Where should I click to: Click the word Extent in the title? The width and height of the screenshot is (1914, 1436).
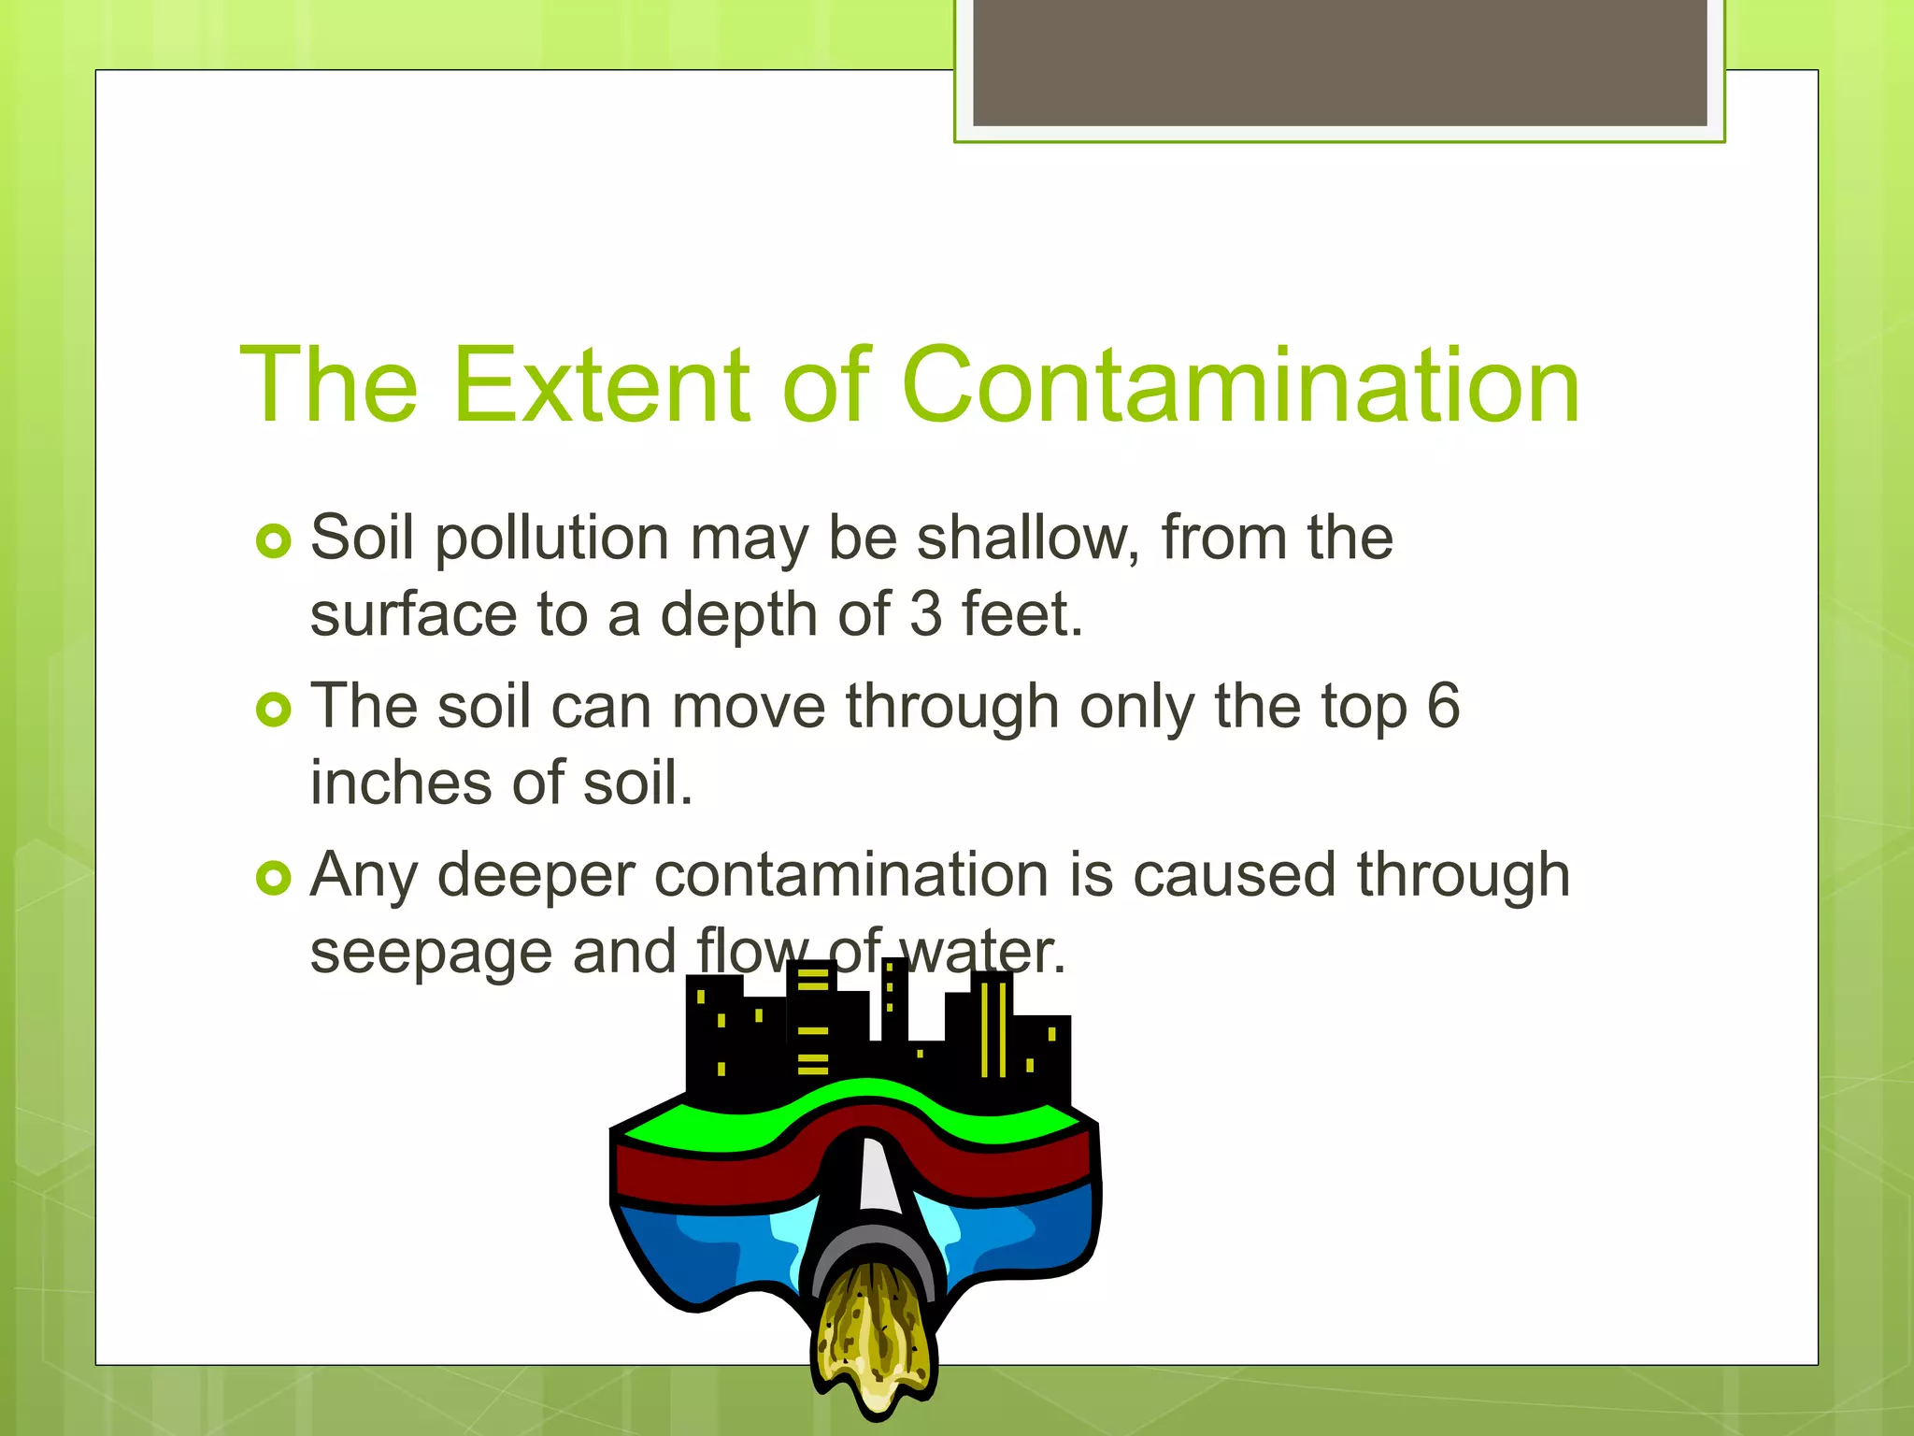tap(601, 385)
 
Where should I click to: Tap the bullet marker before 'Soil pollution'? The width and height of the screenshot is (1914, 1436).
tap(273, 541)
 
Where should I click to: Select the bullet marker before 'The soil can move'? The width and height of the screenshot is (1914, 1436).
tap(273, 710)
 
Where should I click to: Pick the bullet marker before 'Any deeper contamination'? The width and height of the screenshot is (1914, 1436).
tap(273, 878)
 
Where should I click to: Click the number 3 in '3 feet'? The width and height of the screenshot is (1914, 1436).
tap(925, 614)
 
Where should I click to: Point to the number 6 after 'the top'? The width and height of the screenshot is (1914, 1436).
tap(1443, 706)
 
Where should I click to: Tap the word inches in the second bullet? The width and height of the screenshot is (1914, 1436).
tap(401, 783)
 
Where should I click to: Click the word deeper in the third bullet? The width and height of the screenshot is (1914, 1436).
tap(536, 878)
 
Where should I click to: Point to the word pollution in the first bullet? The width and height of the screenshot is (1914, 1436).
tap(552, 540)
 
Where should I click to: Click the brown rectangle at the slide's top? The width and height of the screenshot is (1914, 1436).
tap(1339, 62)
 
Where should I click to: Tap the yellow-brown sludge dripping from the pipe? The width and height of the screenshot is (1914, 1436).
tap(874, 1337)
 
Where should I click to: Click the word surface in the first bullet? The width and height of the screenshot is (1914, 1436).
tap(413, 614)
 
